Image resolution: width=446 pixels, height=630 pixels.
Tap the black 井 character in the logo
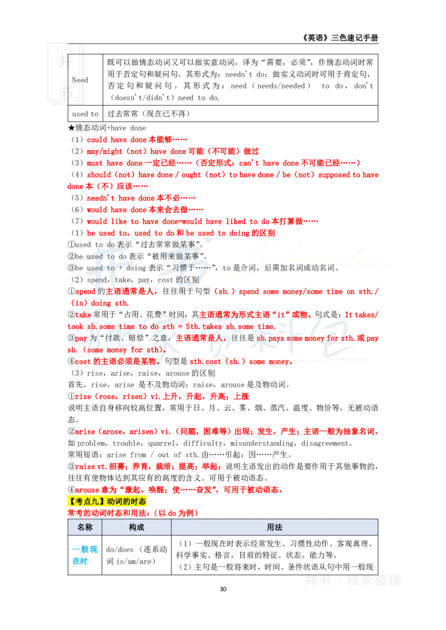(x=65, y=62)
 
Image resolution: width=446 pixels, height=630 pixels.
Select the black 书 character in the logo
(x=66, y=92)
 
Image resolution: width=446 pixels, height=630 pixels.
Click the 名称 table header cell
(x=85, y=527)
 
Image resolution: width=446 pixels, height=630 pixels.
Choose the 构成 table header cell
(x=137, y=527)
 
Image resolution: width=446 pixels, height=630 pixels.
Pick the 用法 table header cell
(x=275, y=527)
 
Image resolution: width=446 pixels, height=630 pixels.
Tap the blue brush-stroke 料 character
(x=290, y=337)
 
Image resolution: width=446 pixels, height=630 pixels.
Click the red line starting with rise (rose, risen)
(x=162, y=397)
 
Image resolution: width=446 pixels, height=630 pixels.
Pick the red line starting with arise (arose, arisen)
(x=227, y=432)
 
